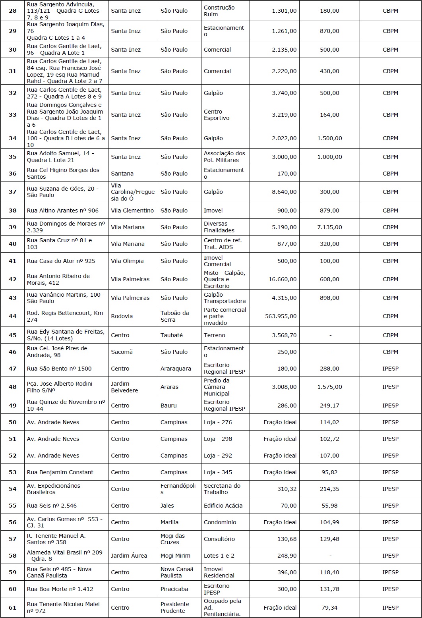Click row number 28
click(13, 11)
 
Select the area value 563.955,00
click(281, 316)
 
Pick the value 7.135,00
click(329, 227)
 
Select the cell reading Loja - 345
click(218, 472)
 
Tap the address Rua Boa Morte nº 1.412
click(60, 589)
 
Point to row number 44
click(13, 316)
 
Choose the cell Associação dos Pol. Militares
click(225, 157)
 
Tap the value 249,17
click(329, 406)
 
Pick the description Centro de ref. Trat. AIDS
click(223, 244)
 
